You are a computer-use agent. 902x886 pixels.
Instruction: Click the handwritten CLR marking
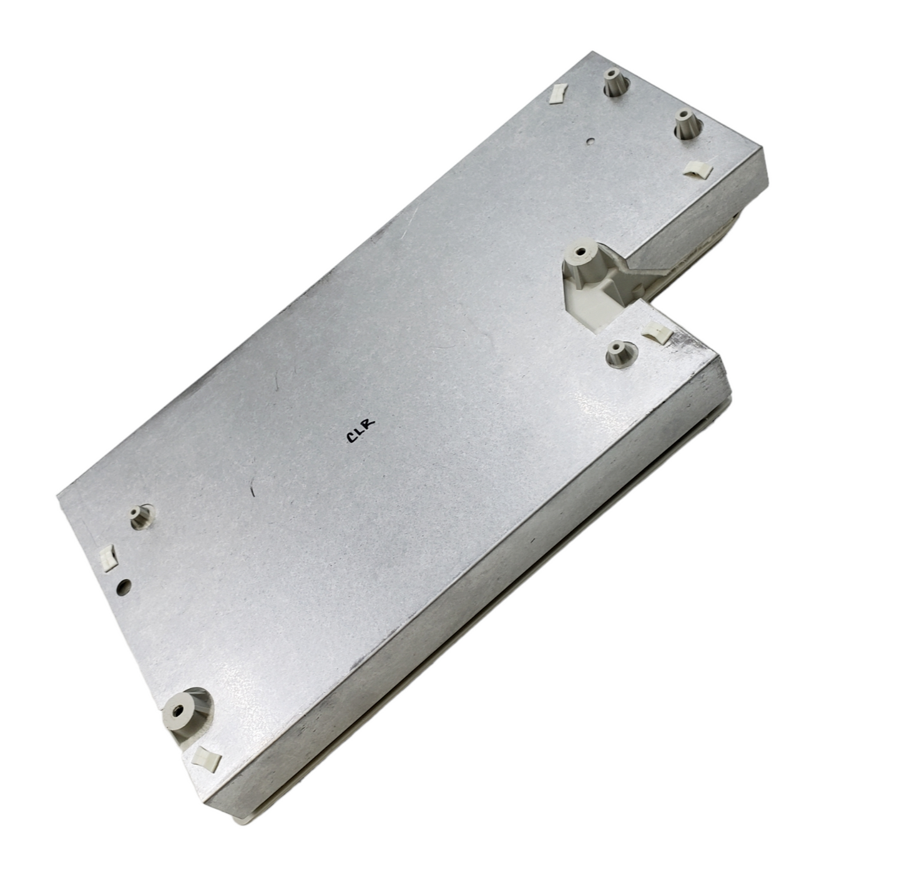pos(360,430)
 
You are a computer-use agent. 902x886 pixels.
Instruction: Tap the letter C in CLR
pos(351,436)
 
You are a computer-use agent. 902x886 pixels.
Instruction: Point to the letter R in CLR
pos(370,424)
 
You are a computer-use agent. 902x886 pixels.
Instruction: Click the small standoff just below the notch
pos(619,353)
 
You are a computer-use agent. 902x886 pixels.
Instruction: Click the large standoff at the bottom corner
pos(181,714)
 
